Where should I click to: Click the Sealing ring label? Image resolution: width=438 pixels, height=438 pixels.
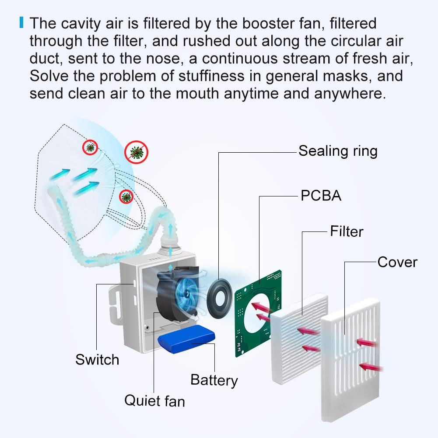click(338, 151)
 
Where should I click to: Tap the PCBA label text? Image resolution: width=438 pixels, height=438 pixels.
click(321, 196)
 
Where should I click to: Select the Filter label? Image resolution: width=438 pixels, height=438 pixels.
click(347, 231)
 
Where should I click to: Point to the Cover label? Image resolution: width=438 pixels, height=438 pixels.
click(397, 262)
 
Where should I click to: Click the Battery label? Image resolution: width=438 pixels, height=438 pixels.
click(214, 379)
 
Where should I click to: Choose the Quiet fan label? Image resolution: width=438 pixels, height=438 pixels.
click(154, 400)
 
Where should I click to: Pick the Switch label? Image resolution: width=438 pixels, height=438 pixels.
click(97, 360)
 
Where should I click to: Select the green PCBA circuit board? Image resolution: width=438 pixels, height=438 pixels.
click(258, 315)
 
